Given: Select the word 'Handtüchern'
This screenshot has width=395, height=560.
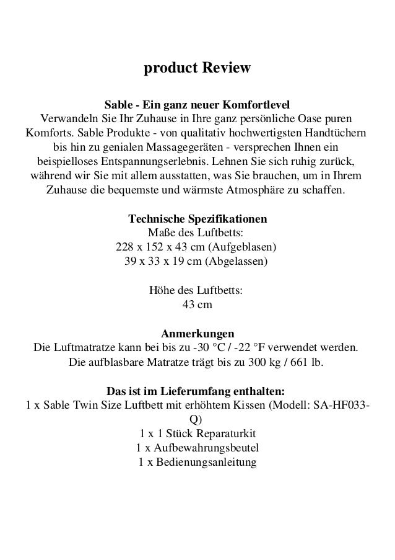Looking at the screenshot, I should coord(335,133).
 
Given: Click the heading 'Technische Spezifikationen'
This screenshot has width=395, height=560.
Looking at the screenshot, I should coord(197,220).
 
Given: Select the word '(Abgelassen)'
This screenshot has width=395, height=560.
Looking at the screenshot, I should coord(238,261).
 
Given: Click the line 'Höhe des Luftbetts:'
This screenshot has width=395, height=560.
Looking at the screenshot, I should coord(196,290).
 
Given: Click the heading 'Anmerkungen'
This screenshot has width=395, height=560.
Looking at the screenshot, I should coord(197,332).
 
